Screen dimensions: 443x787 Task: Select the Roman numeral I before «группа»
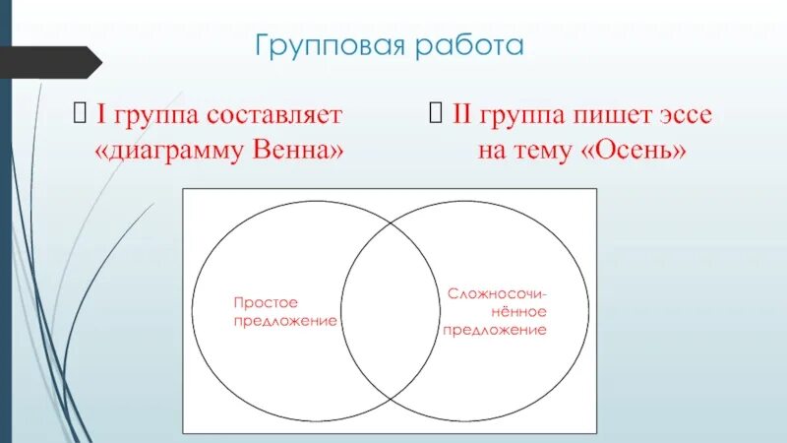[x=99, y=114]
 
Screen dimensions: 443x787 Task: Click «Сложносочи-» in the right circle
[x=498, y=293]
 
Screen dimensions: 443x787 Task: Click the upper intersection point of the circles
[x=391, y=224]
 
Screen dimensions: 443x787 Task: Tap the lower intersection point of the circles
[x=391, y=396]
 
